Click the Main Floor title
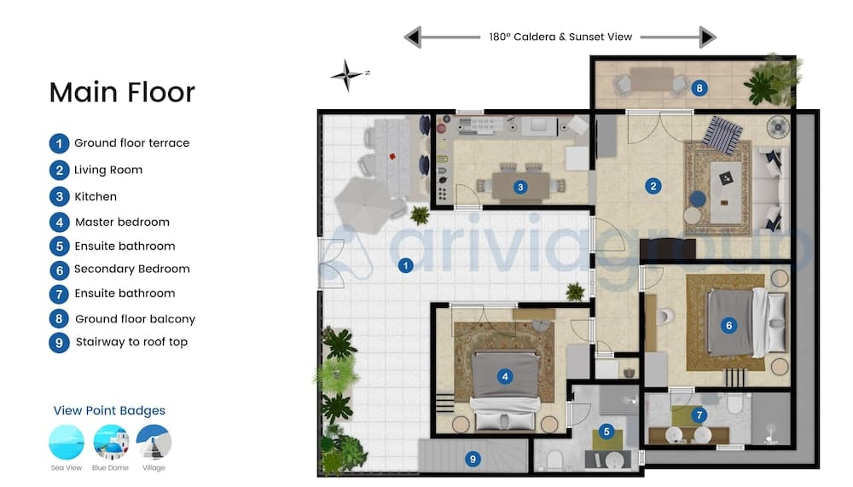(122, 92)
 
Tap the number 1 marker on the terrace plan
(405, 265)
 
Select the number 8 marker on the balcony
(699, 88)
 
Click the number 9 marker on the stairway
(473, 459)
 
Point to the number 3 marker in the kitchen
(520, 187)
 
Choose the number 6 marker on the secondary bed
(729, 326)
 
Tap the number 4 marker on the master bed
(505, 376)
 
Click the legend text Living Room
(108, 170)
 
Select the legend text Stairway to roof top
(131, 342)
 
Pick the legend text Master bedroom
(122, 222)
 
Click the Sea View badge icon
(67, 443)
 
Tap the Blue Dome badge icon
(111, 443)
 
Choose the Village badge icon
(154, 443)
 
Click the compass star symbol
(346, 75)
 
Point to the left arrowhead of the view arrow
(413, 37)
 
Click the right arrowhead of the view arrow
(708, 37)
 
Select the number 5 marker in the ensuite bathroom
(606, 432)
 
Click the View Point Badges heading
(109, 411)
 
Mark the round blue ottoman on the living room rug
(698, 199)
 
